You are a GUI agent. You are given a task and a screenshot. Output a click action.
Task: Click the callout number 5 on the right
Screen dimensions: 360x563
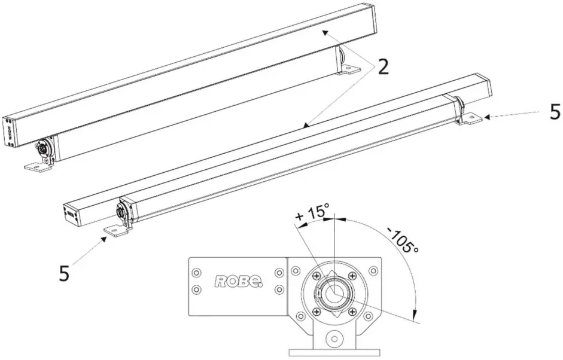tap(555, 112)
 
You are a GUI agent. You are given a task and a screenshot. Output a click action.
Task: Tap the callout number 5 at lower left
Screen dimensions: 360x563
tap(65, 273)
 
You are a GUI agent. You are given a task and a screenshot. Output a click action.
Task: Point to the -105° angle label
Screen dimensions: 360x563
tap(402, 240)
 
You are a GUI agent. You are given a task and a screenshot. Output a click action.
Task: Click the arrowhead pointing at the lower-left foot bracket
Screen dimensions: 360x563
tap(107, 238)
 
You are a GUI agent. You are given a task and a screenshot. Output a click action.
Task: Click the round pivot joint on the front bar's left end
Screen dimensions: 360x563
tap(123, 212)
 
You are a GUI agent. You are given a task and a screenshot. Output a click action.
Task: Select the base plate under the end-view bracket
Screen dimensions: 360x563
tap(334, 353)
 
